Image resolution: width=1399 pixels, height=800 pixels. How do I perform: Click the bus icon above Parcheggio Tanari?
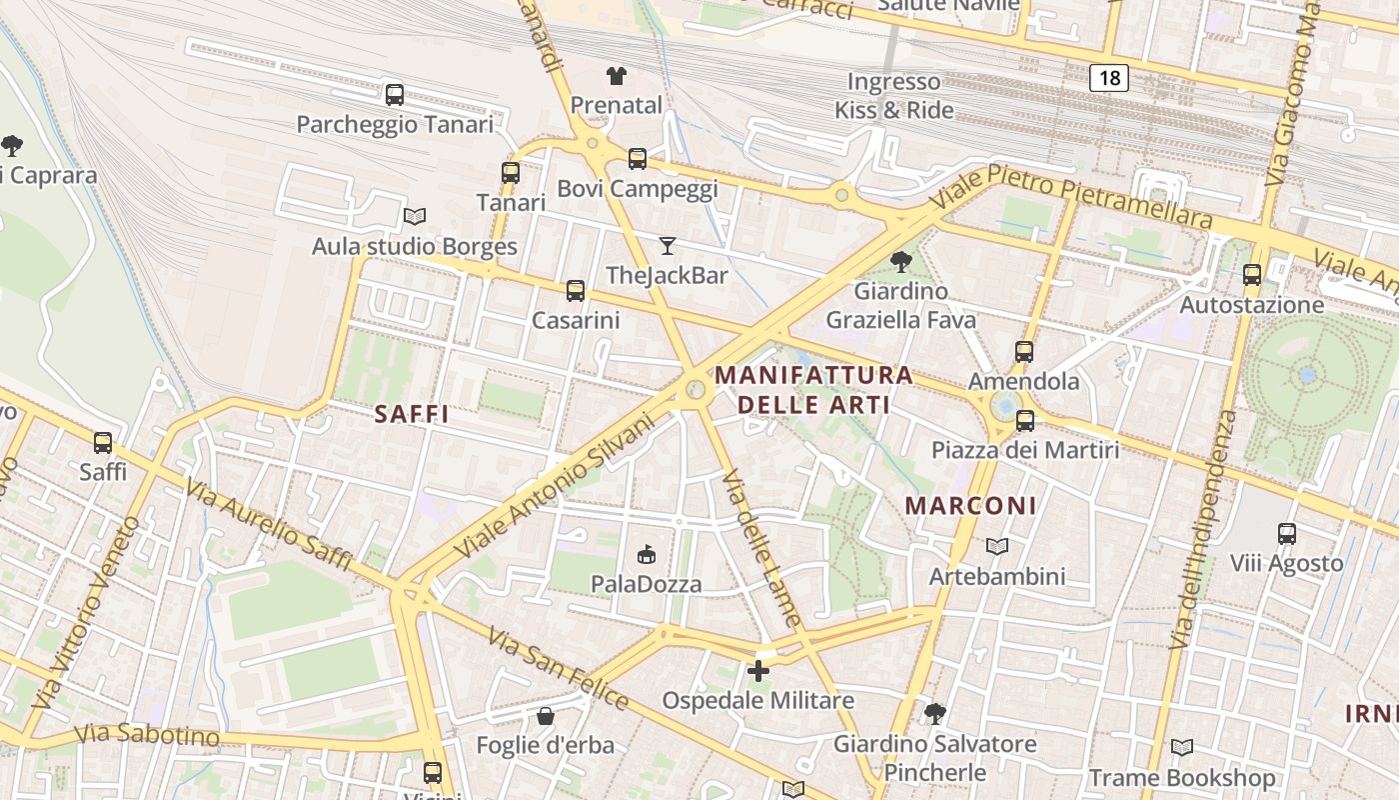(395, 95)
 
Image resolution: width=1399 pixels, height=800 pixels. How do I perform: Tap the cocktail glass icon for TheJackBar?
(667, 245)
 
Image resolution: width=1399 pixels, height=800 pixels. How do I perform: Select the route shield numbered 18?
(1109, 77)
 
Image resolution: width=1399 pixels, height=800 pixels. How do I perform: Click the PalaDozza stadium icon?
(647, 554)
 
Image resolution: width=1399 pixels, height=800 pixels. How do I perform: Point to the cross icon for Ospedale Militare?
(758, 671)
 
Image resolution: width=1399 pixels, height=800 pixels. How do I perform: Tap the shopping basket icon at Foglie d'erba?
(545, 716)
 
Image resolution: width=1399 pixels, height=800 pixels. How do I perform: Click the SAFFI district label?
(411, 414)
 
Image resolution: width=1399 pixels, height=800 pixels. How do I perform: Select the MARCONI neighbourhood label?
(970, 506)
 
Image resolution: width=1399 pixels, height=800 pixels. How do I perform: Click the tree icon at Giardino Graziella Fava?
(900, 262)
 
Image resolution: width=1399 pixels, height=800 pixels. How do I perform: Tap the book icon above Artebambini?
(996, 546)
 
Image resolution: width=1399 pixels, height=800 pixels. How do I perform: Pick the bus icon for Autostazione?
(1251, 275)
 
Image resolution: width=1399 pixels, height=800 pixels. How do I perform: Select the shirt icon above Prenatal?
(617, 75)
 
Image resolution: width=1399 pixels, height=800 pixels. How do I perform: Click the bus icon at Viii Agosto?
(1286, 534)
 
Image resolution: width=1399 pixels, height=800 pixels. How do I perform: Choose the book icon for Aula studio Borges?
(414, 216)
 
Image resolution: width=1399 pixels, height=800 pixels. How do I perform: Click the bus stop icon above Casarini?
(575, 291)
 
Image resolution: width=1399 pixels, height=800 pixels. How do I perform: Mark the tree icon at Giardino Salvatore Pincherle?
(934, 713)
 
